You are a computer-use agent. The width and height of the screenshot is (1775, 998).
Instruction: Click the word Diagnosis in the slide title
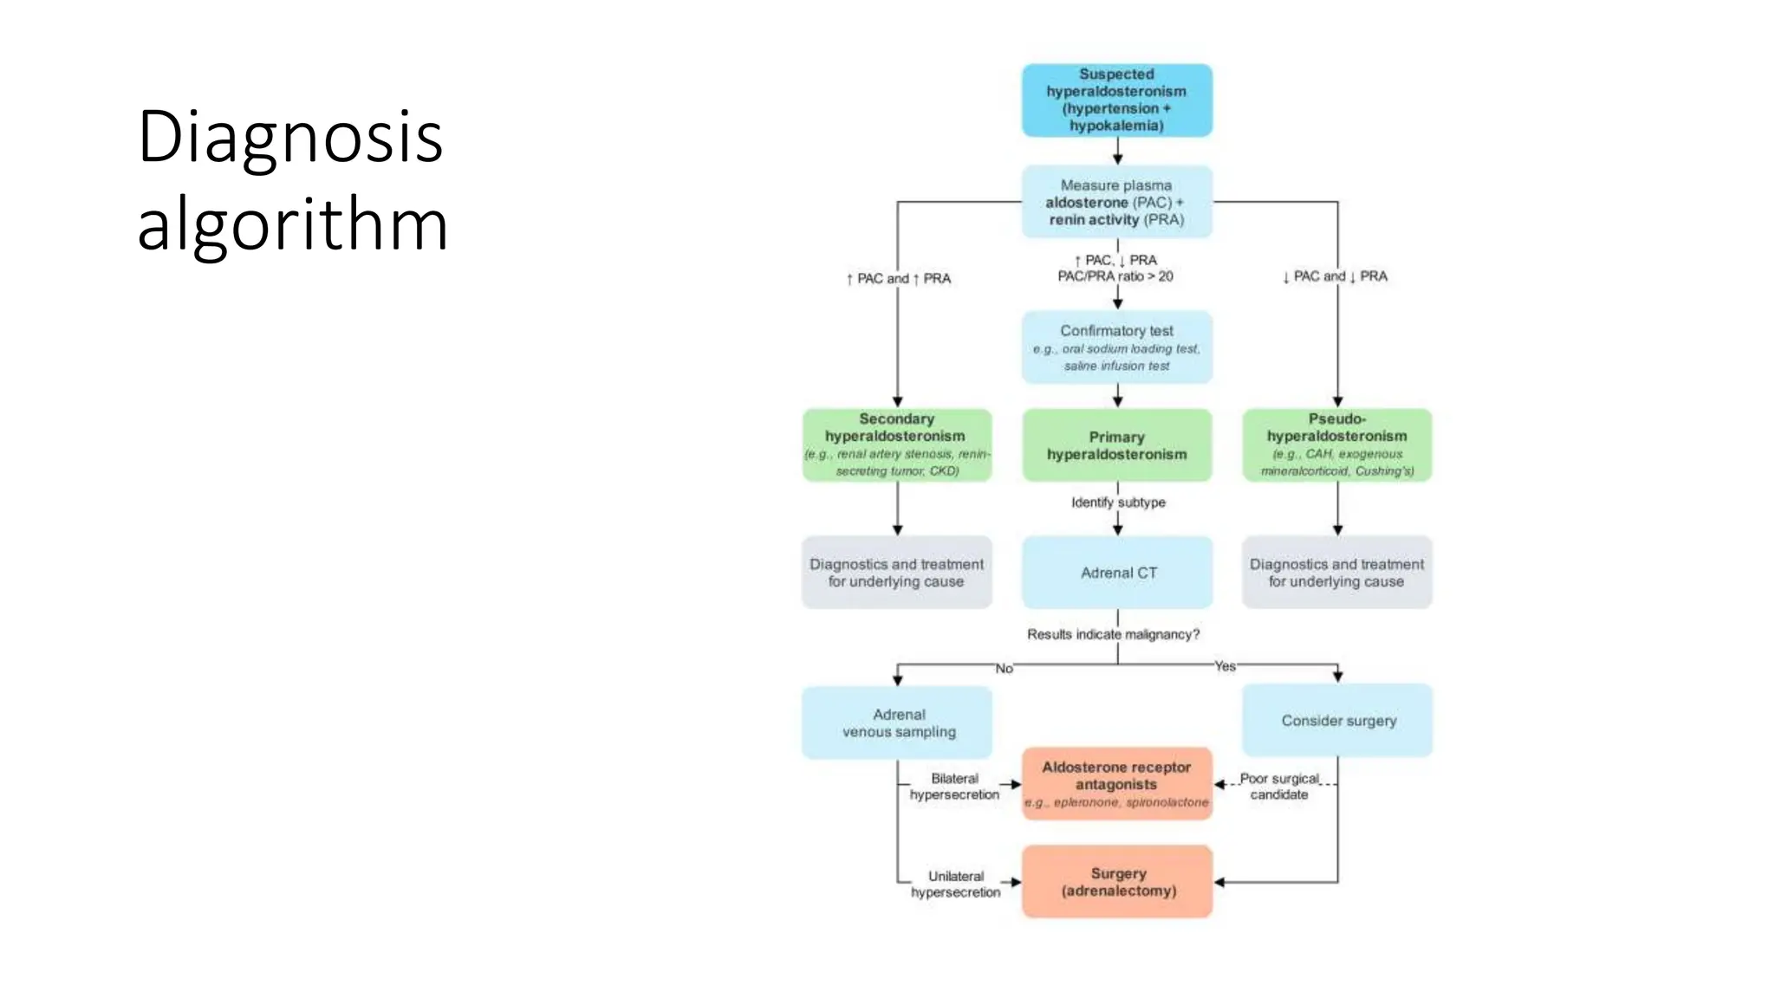coord(290,137)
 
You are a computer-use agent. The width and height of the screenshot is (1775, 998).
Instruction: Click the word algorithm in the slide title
coord(292,224)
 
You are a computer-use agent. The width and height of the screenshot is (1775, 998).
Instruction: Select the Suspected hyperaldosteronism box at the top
coord(1116,100)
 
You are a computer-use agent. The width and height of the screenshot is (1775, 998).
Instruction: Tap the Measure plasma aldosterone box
coord(1116,202)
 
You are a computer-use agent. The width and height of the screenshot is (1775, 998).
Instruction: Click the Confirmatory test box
coord(1116,347)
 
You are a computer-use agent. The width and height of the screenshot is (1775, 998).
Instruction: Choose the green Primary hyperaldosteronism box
coord(1116,445)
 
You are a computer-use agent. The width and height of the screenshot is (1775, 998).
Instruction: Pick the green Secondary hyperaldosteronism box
coord(897,444)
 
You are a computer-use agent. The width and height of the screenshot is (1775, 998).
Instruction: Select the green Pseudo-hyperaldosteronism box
coord(1336,444)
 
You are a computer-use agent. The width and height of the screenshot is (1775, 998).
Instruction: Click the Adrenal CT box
coord(1117,573)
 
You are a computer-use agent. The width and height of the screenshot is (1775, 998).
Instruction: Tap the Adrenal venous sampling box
coord(898,723)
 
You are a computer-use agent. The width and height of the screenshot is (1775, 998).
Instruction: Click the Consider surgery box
coord(1337,720)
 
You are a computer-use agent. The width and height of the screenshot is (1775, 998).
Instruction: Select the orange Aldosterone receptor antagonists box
coord(1116,783)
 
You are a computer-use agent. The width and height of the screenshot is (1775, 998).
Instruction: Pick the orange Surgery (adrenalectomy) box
coord(1117,882)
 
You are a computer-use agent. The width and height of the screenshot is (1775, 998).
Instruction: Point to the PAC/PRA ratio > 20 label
coord(1115,276)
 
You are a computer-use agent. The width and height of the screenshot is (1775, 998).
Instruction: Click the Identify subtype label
coord(1118,502)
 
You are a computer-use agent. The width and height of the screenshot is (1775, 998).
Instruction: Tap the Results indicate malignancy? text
coord(1113,634)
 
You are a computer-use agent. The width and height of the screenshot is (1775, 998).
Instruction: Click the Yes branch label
coord(1225,666)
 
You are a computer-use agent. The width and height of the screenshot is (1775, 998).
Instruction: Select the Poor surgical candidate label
coord(1279,786)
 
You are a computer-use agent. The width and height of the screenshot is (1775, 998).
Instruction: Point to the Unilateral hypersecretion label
coord(955,884)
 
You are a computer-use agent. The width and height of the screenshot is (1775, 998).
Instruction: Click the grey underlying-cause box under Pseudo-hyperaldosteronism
coord(1336,573)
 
